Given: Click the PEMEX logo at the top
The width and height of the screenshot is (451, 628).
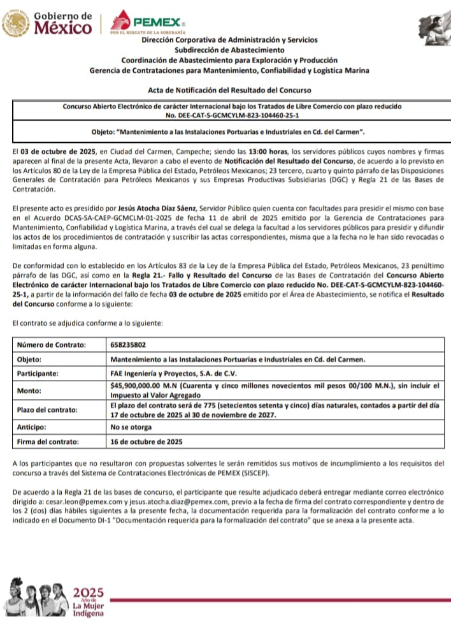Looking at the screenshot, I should pos(148,21).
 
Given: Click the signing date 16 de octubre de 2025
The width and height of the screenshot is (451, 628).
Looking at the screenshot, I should pos(147,441).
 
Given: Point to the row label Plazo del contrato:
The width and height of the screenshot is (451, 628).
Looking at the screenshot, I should pos(47,409).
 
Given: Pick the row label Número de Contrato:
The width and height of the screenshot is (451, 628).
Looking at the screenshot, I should pos(51,345).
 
